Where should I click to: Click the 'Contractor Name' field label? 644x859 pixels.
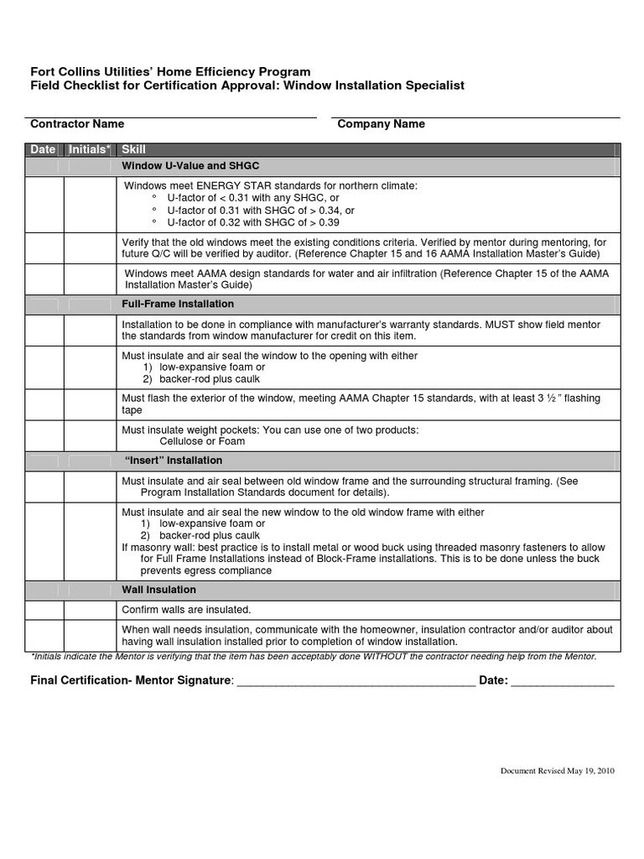pyautogui.click(x=77, y=124)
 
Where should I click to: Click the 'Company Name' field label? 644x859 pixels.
pyautogui.click(x=381, y=124)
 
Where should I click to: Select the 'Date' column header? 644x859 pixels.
pyautogui.click(x=43, y=149)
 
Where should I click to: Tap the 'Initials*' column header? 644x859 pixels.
pyautogui.click(x=90, y=149)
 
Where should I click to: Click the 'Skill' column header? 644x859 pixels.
pyautogui.click(x=134, y=149)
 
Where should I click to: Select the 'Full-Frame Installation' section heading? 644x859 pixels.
pyautogui.click(x=178, y=304)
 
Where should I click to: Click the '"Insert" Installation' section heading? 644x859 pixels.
pyautogui.click(x=174, y=461)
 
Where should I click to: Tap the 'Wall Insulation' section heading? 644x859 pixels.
pyautogui.click(x=159, y=590)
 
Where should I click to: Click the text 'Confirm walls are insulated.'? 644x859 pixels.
pyautogui.click(x=187, y=610)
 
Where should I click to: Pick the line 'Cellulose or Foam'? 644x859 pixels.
pyautogui.click(x=202, y=441)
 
